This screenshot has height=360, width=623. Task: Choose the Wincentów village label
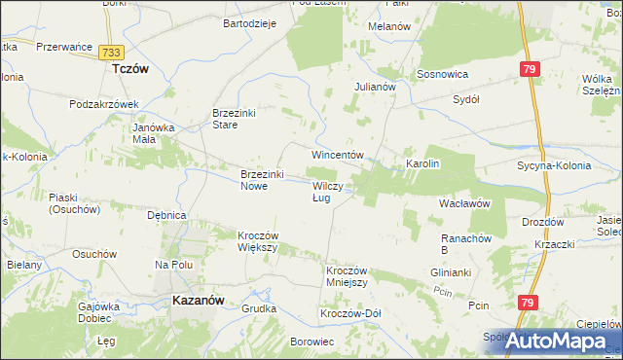point(337,155)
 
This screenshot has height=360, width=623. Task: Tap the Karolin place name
point(423,163)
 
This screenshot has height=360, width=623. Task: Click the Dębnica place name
point(165,215)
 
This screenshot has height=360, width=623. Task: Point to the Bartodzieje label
point(251,22)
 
